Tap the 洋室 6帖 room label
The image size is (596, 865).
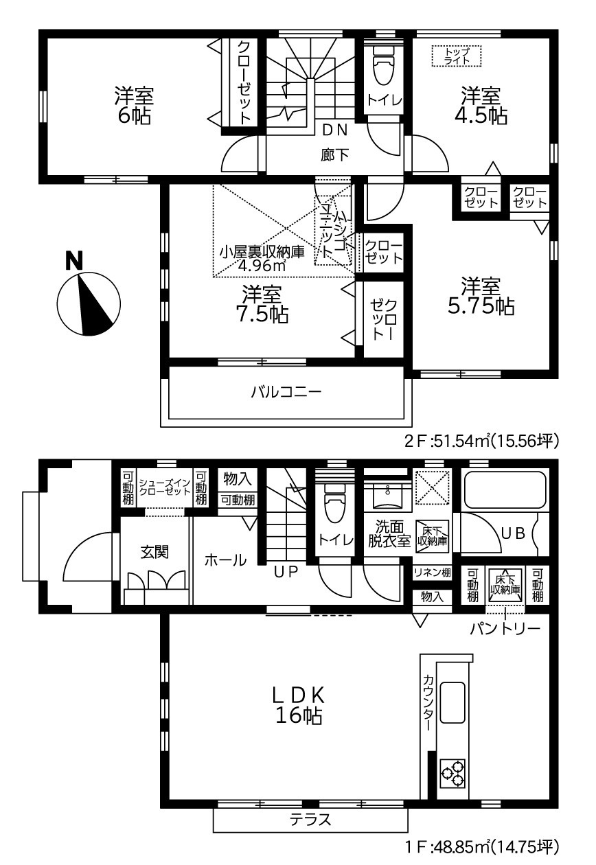tap(135, 105)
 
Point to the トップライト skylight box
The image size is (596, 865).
tap(457, 56)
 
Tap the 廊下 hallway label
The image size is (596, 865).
tap(334, 154)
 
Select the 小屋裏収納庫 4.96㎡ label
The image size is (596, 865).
tap(253, 258)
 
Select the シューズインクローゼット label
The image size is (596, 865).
tap(164, 487)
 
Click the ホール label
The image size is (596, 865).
tap(225, 560)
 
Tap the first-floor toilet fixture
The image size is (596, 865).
tap(334, 501)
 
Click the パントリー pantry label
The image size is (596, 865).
tap(505, 628)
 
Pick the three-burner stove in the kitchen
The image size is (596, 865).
tap(453, 772)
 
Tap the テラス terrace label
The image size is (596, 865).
tap(310, 819)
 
